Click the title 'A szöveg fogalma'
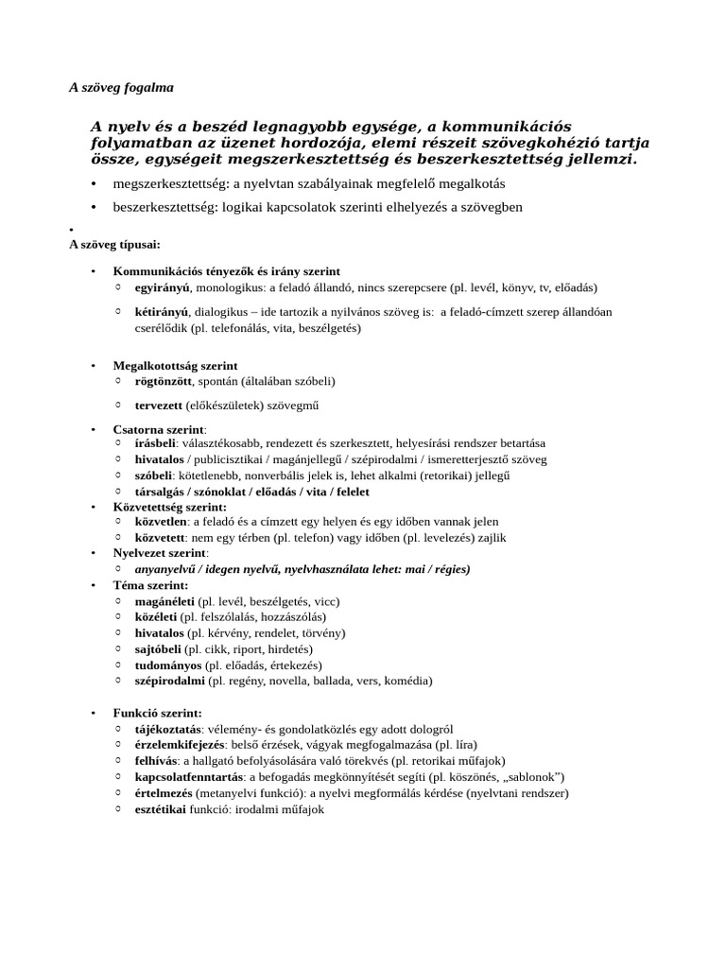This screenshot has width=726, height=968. click(x=121, y=87)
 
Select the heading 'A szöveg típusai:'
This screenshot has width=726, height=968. click(x=114, y=245)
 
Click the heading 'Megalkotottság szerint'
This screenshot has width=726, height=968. click(x=175, y=365)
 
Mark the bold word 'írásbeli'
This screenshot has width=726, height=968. click(x=156, y=443)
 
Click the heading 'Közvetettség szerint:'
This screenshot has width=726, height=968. click(x=169, y=507)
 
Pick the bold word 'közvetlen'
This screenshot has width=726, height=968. click(x=161, y=522)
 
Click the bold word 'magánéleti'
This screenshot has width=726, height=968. click(x=164, y=601)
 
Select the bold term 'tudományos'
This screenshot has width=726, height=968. click(x=168, y=665)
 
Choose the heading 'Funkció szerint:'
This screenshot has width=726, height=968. click(x=157, y=713)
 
